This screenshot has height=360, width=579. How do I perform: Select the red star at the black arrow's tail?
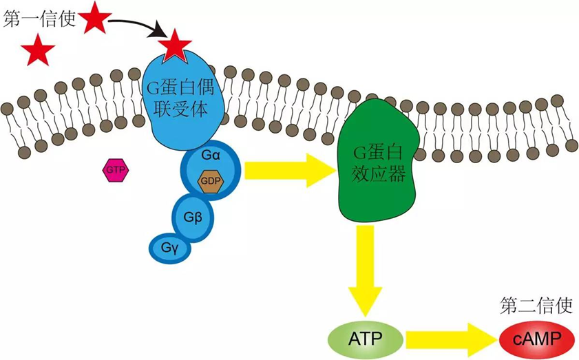95,19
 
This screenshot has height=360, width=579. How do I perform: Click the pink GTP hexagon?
116,169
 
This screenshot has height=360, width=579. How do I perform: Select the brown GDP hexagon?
209,180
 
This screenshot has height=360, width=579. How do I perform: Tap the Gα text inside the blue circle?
211,156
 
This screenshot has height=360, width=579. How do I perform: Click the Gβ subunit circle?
193,218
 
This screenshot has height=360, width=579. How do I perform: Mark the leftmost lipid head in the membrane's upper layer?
8,109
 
